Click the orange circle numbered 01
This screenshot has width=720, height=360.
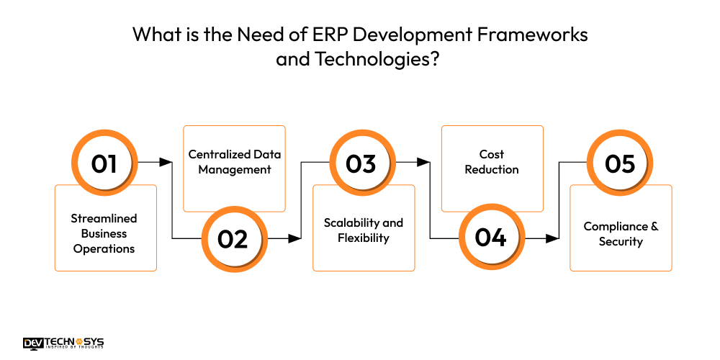coord(104,163)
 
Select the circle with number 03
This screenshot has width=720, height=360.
coord(361,163)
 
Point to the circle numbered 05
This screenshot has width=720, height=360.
coord(619,163)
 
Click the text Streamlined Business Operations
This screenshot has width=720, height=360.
coord(104,233)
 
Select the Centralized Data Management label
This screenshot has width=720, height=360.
coord(235,162)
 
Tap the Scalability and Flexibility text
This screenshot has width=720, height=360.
coord(364,230)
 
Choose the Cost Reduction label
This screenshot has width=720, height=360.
coord(492,162)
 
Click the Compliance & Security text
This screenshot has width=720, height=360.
coord(621,234)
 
